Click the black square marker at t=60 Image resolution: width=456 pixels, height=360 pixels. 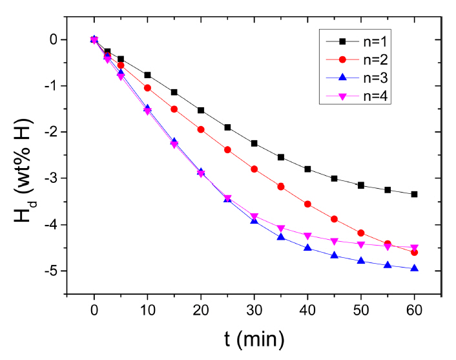click(414, 194)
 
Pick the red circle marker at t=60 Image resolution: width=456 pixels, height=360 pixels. click(414, 252)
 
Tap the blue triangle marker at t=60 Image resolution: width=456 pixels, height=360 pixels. click(414, 268)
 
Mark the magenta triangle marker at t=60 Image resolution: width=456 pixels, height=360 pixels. click(414, 248)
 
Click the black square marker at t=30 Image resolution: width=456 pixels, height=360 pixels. click(254, 143)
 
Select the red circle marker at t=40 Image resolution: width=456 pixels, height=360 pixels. click(307, 204)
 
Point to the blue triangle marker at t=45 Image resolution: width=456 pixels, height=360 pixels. click(334, 255)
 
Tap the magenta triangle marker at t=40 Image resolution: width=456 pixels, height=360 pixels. click(307, 236)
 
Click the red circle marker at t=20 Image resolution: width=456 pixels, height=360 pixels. click(200, 129)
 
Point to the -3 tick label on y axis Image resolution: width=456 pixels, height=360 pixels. click(51, 178)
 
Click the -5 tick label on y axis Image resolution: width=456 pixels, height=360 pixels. click(51, 271)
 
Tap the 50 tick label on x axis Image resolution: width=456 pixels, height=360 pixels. click(360, 311)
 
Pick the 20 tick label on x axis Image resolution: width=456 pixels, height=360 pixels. click(200, 311)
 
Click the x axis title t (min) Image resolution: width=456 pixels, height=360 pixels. click(254, 338)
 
